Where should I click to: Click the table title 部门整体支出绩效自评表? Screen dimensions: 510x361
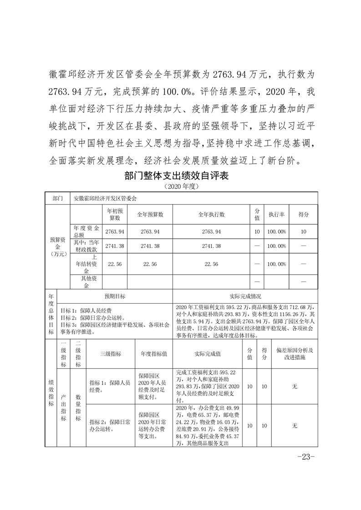[x=175, y=176]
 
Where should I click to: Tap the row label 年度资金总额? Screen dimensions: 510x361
[x=85, y=231]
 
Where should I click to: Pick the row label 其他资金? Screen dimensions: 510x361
[x=85, y=282]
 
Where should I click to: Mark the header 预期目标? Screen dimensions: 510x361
[x=115, y=296]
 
